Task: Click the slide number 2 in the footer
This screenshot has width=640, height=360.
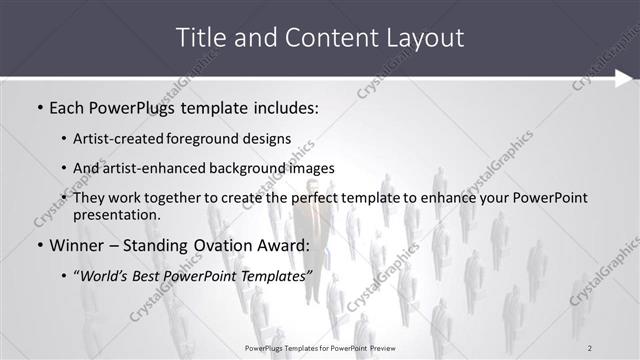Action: click(590, 347)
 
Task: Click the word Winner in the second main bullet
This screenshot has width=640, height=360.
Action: click(78, 245)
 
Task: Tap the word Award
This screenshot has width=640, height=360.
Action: click(284, 245)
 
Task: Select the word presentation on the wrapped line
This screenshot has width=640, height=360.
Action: click(114, 214)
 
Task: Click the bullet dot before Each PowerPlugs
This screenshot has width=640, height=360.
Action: click(39, 105)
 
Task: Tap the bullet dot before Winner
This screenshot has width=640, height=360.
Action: click(39, 246)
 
